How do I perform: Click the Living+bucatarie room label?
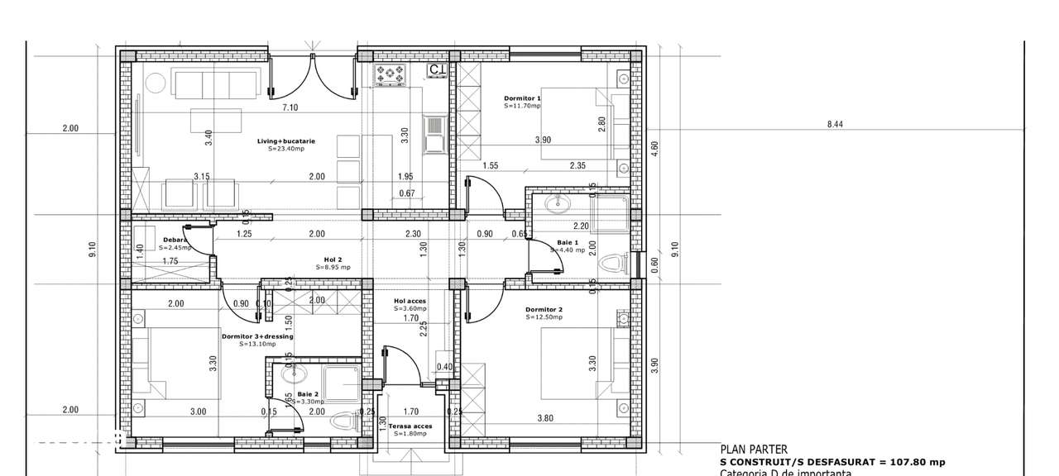(x=285, y=140)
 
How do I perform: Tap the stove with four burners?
(x=391, y=75)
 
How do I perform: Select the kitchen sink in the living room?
(x=434, y=135)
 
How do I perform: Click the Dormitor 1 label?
(x=522, y=98)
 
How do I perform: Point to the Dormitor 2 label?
(x=544, y=311)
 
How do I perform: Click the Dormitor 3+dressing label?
(x=257, y=336)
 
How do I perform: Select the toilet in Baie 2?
(x=343, y=421)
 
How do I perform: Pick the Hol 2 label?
(x=333, y=259)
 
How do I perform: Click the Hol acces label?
(x=410, y=301)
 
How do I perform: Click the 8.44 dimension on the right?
(x=835, y=125)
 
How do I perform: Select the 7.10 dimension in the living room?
(x=290, y=107)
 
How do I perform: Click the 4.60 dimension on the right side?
(x=654, y=148)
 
